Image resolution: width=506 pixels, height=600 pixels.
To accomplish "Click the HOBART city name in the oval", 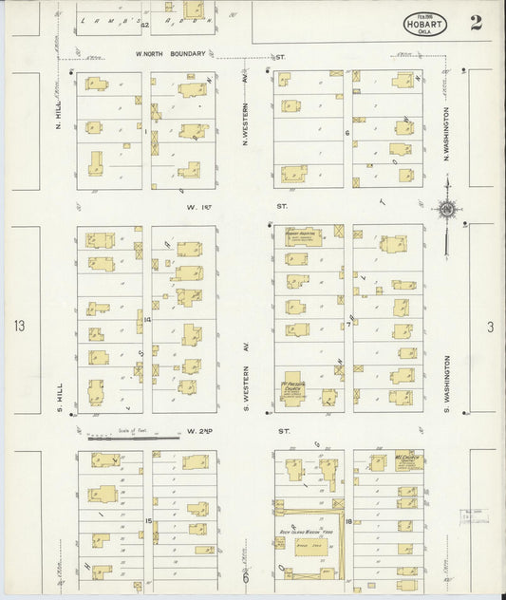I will click(x=424, y=24).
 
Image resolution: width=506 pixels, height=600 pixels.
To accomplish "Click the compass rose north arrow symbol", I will click(x=446, y=210).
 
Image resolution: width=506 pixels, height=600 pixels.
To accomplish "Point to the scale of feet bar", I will click(x=133, y=438).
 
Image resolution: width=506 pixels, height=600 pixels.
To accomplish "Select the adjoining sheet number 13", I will click(x=19, y=327).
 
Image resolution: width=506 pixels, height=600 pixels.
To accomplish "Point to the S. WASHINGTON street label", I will click(x=444, y=384).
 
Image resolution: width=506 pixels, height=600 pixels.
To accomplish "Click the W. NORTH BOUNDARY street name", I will click(x=171, y=54).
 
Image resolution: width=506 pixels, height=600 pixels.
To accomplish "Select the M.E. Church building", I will click(x=408, y=463).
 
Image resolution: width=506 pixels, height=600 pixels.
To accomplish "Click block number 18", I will click(x=349, y=522).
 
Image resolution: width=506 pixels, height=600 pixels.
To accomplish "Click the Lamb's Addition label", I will click(x=142, y=18).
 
